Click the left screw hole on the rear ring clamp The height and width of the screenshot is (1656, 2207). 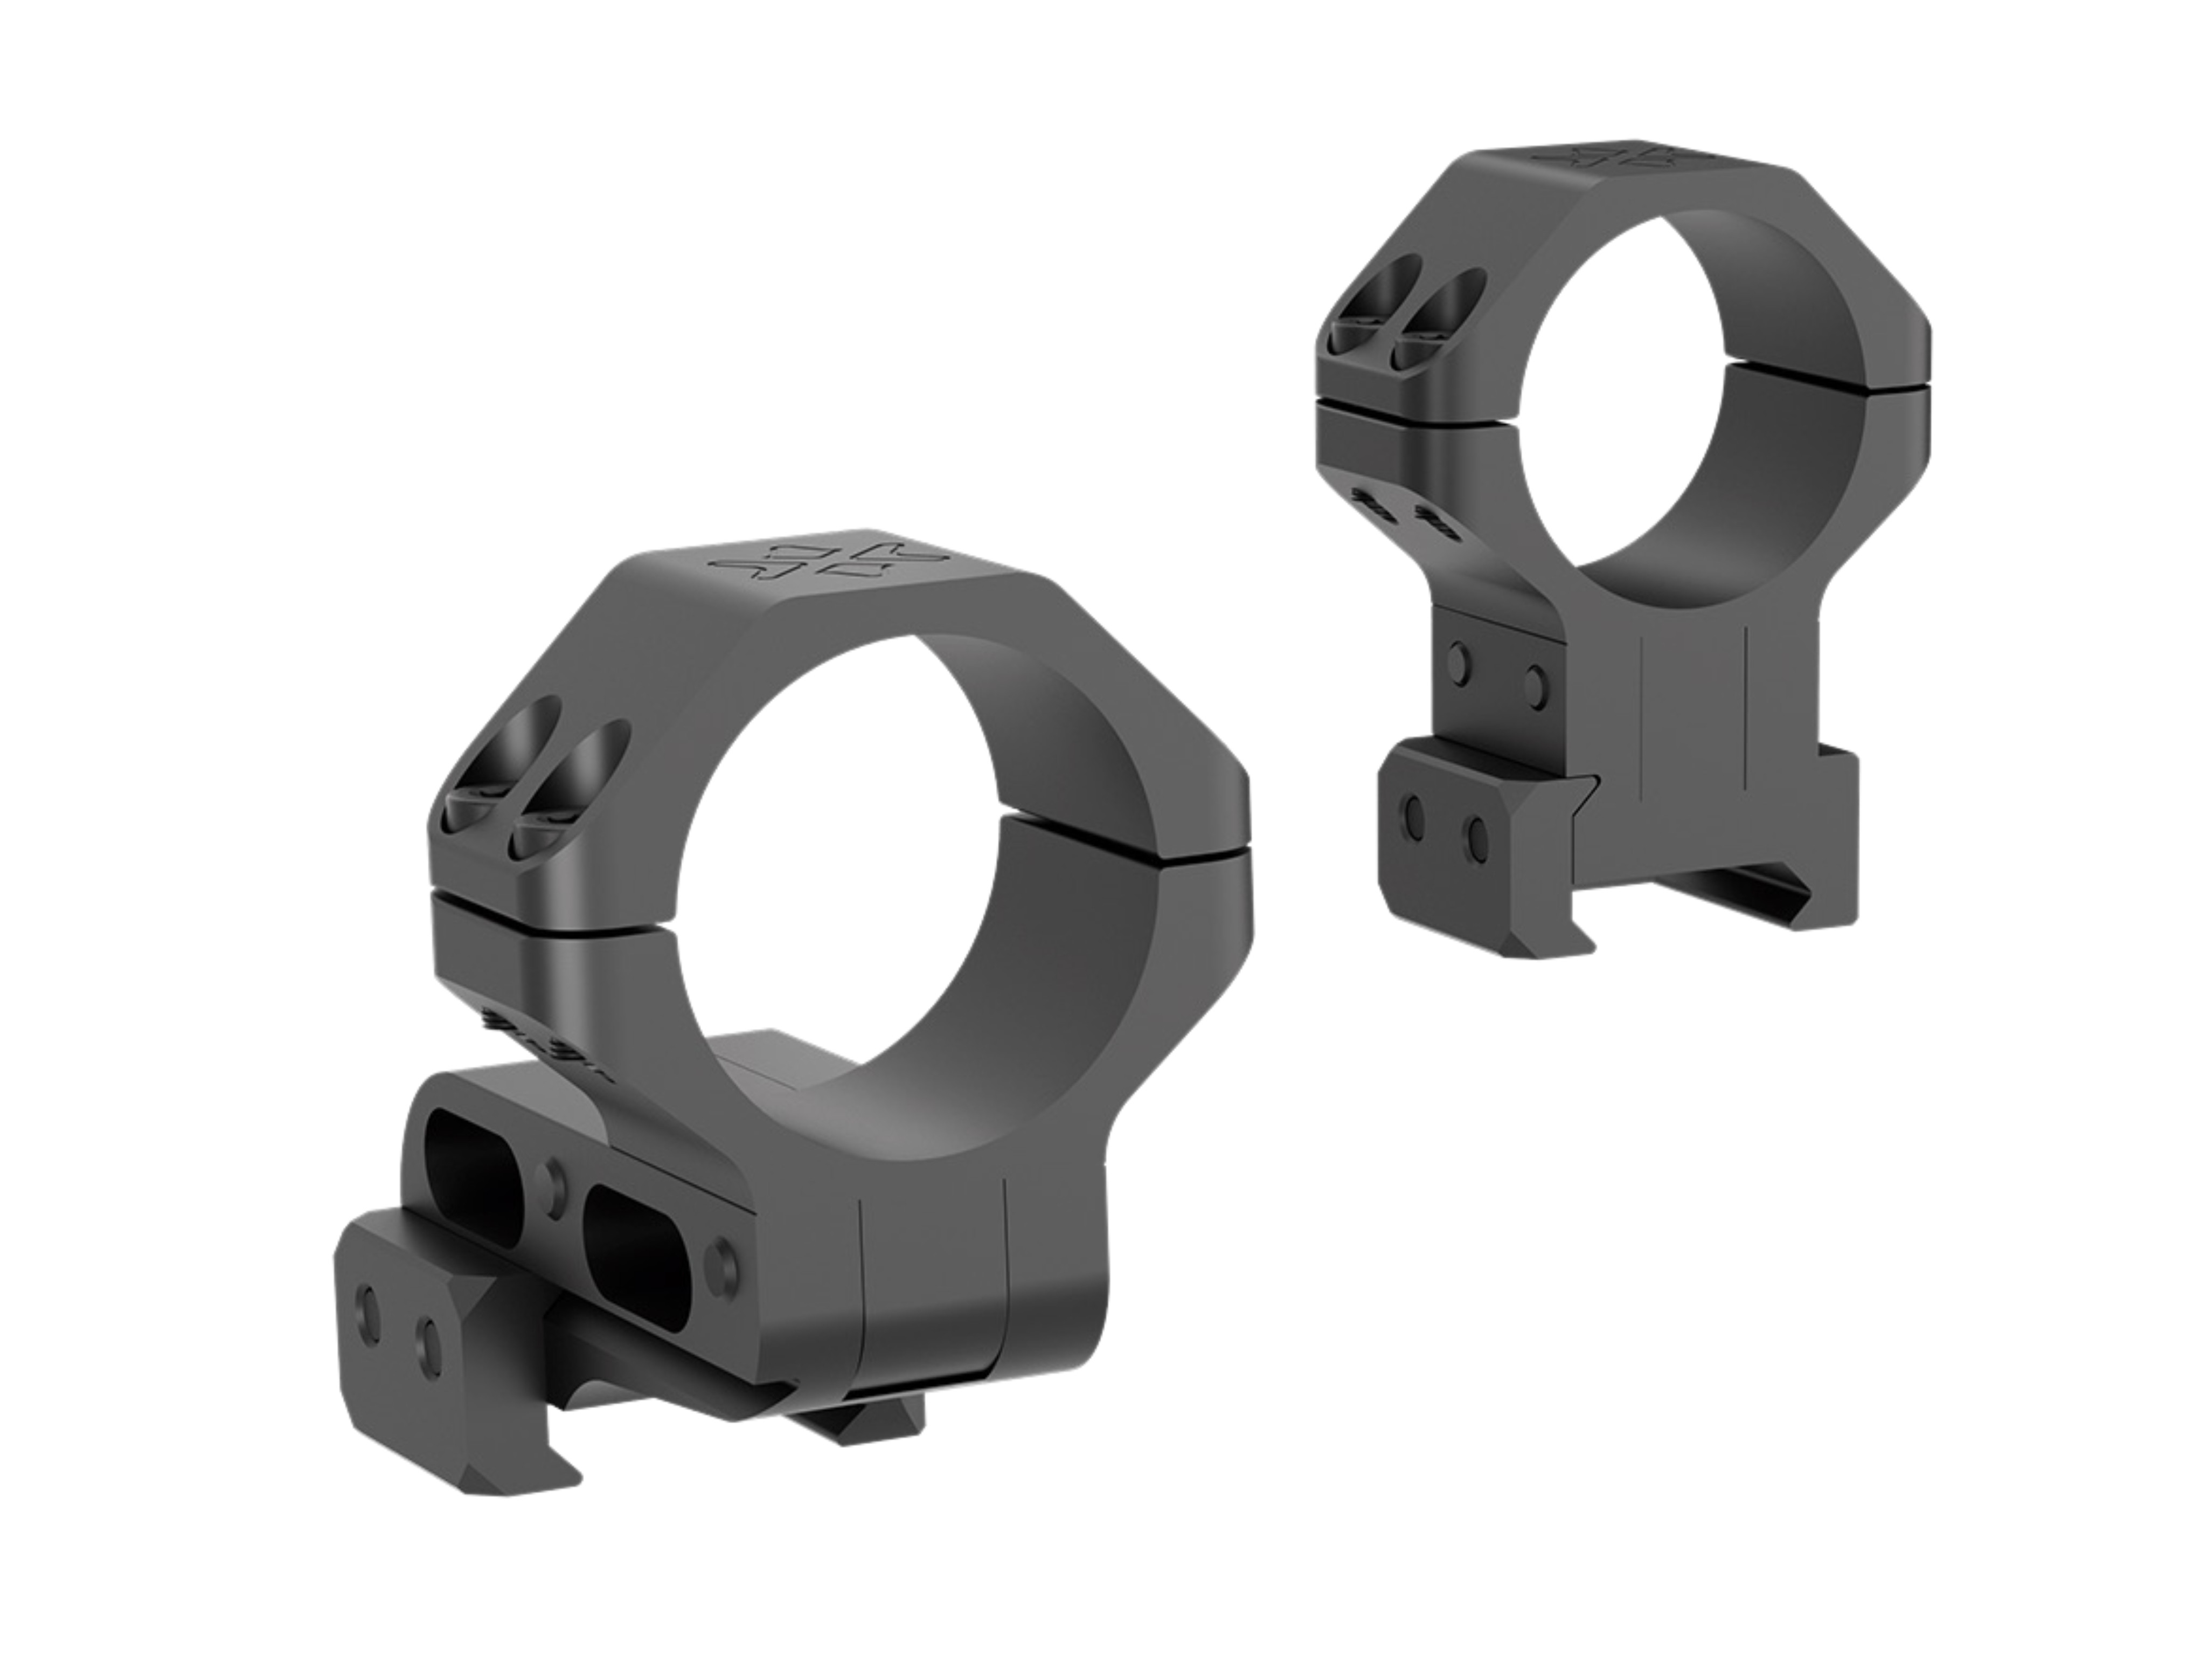point(1413,845)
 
